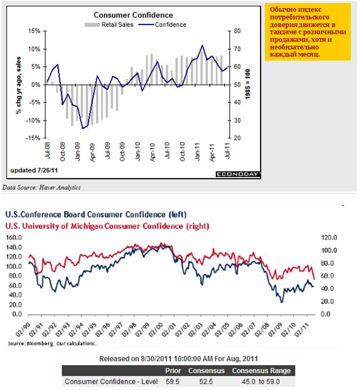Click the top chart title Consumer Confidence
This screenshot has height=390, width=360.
click(x=133, y=15)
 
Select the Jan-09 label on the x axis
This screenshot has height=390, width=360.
click(x=78, y=153)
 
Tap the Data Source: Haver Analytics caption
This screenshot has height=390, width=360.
click(x=41, y=187)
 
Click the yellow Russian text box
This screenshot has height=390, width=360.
click(x=307, y=32)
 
